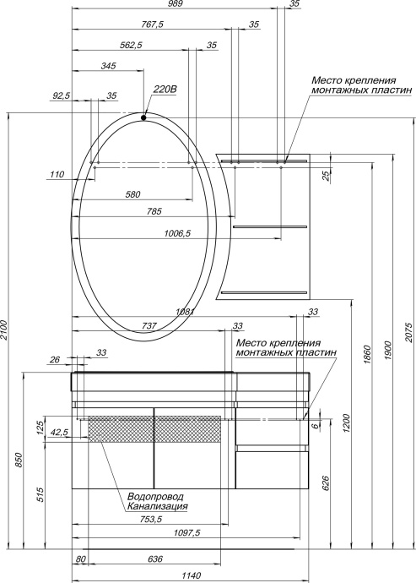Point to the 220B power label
pos(165,87)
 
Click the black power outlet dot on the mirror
pos(144,117)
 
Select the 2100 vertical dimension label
pos(5,330)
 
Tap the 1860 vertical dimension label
pos(367,352)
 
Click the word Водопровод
pos(155,497)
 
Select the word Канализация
pos(157,507)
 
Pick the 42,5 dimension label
pos(59,433)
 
